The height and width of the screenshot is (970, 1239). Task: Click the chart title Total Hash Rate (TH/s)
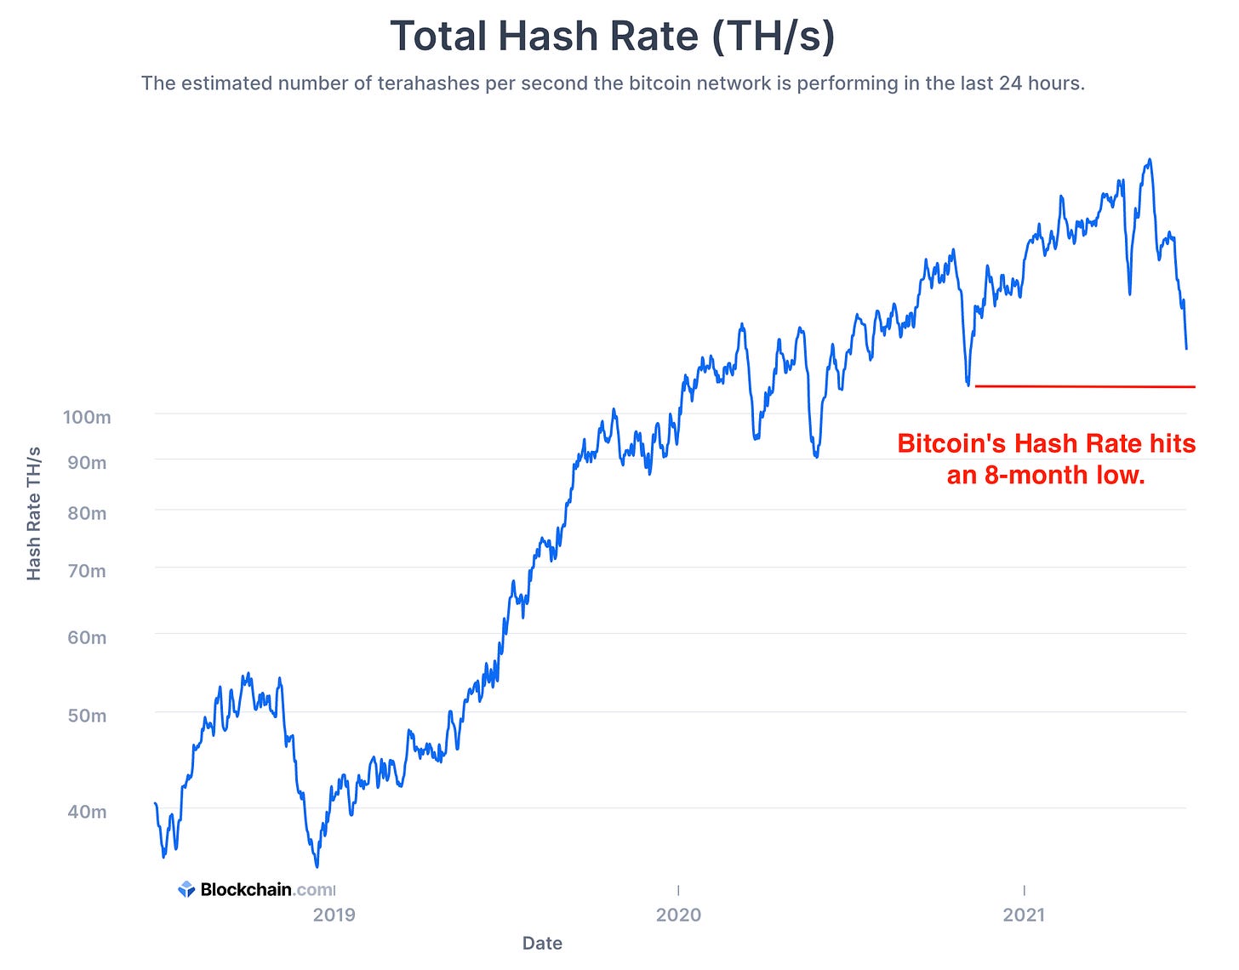point(612,37)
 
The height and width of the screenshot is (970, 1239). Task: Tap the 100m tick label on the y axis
point(87,417)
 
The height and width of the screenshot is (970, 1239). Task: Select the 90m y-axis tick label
point(87,463)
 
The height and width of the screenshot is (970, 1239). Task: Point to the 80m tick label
point(87,513)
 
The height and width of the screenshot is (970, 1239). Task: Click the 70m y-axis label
point(87,571)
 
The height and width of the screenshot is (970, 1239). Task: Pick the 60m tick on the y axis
point(87,637)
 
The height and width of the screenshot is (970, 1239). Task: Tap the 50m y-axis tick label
point(87,716)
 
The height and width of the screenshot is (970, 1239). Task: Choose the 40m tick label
point(87,812)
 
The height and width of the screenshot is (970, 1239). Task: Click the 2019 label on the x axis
point(334,915)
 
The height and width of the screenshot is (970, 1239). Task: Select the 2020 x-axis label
point(678,915)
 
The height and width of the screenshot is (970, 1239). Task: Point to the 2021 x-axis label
point(1024,915)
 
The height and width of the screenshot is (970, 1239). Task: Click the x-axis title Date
point(542,943)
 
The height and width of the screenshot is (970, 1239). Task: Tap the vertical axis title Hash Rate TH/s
point(34,513)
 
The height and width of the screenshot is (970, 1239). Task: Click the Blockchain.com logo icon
point(186,889)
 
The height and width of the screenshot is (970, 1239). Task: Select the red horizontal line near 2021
point(1084,387)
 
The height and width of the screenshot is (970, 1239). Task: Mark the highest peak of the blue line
point(1150,159)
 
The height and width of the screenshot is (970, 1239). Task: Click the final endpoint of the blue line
point(1186,349)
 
